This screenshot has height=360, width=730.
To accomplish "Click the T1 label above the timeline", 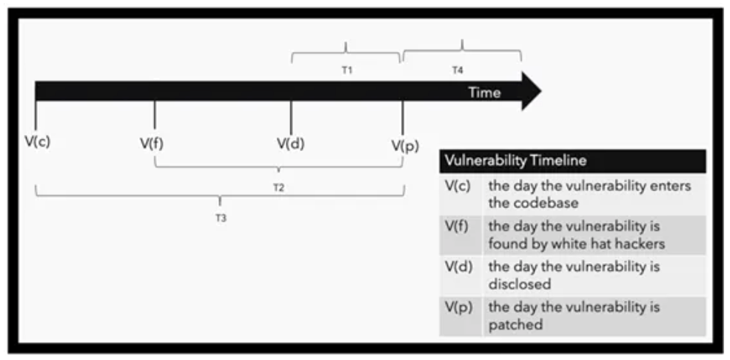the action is pyautogui.click(x=346, y=70).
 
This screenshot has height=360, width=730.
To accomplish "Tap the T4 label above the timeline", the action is pyautogui.click(x=458, y=70).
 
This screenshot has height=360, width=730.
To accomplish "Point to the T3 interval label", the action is pyautogui.click(x=221, y=218).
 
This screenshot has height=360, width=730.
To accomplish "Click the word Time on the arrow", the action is pyautogui.click(x=485, y=93).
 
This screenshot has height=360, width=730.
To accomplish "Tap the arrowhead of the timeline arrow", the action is pyautogui.click(x=531, y=91).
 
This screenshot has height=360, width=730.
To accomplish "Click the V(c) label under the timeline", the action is pyautogui.click(x=38, y=141).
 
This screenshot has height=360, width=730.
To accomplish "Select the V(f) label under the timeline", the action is pyautogui.click(x=152, y=144).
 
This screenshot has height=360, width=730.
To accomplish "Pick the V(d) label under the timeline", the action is pyautogui.click(x=290, y=144).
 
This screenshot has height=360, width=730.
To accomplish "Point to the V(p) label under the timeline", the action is pyautogui.click(x=405, y=146).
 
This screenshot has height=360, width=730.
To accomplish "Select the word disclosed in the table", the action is pyautogui.click(x=520, y=284).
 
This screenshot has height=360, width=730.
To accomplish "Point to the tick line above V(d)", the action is pyautogui.click(x=291, y=118).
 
